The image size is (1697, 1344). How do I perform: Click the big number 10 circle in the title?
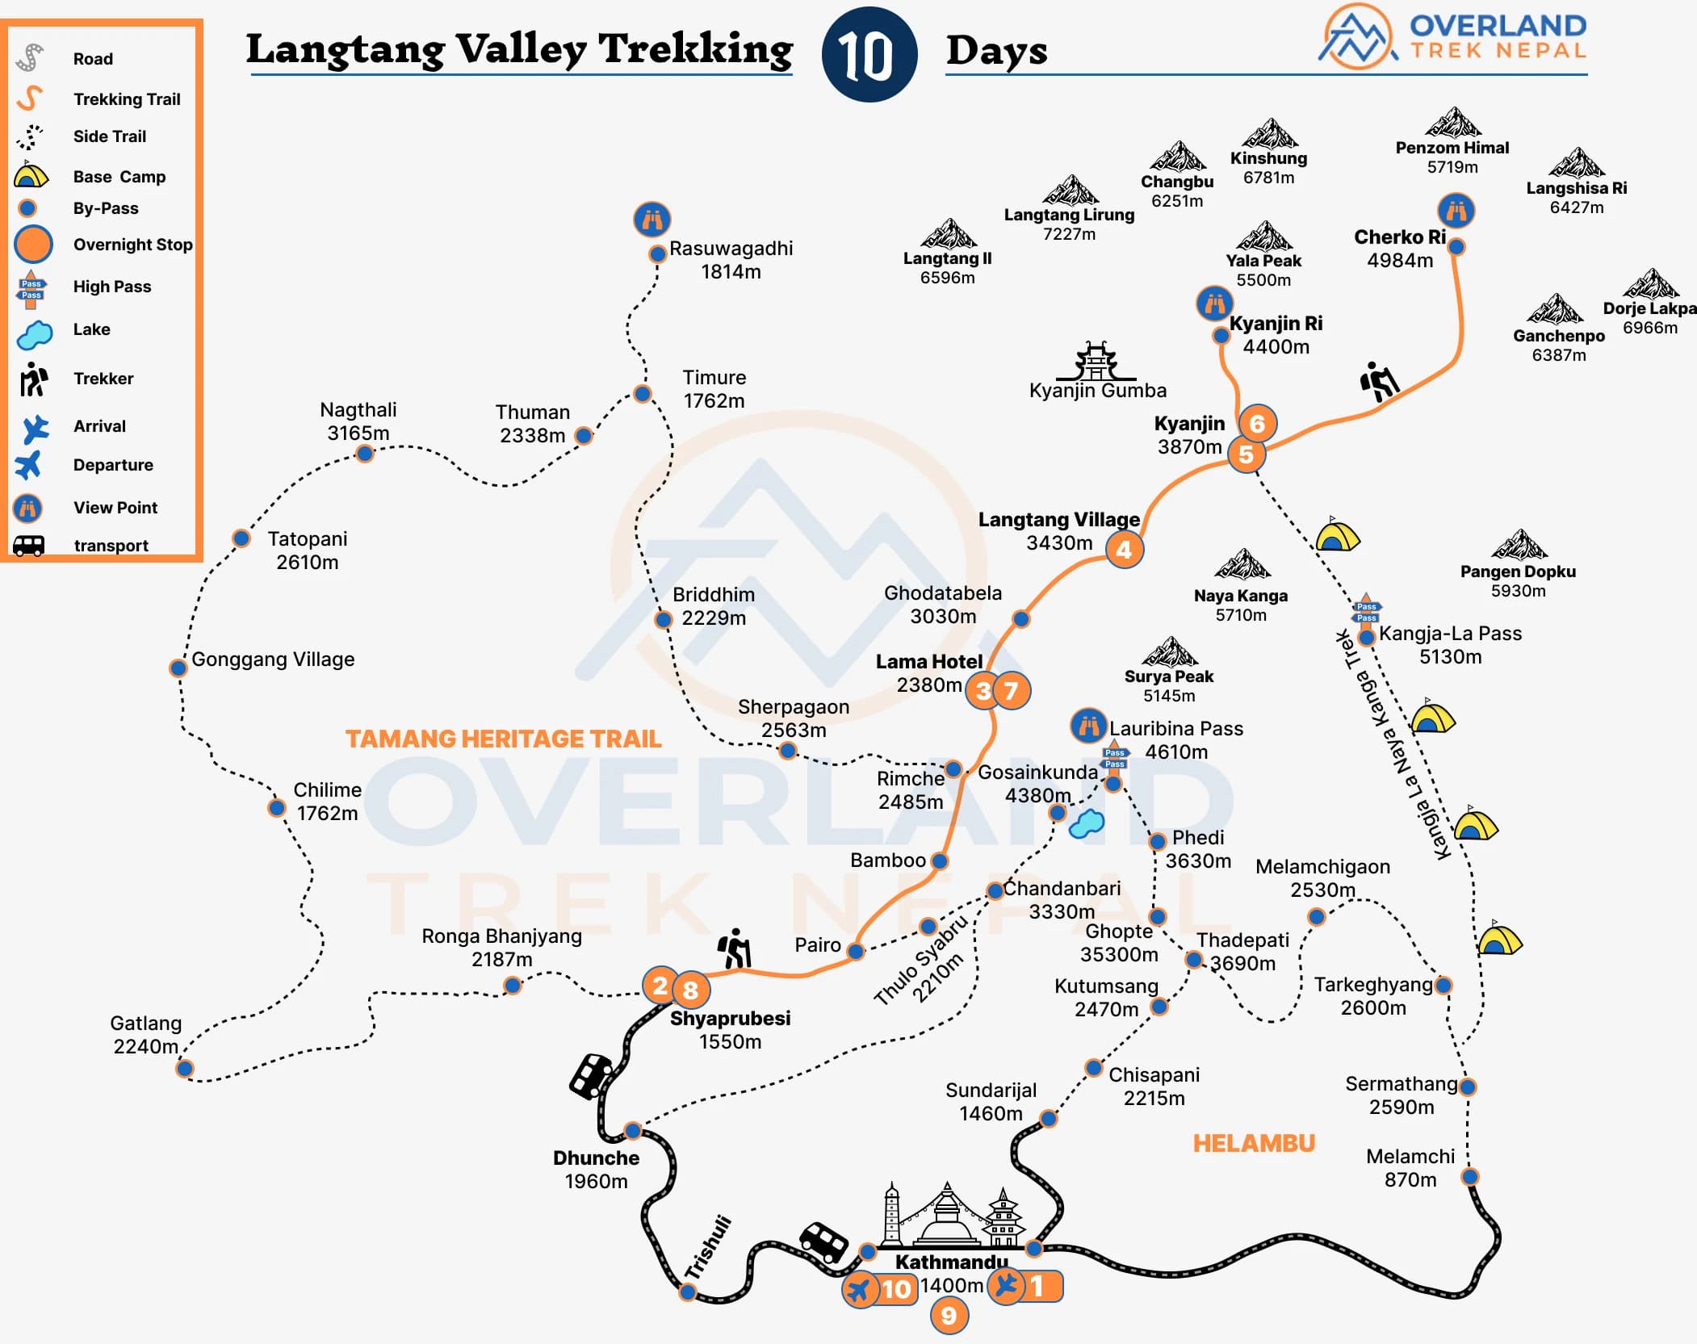click(869, 55)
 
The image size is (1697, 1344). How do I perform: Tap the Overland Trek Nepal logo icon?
click(1358, 36)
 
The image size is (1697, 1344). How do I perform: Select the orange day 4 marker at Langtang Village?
click(1124, 551)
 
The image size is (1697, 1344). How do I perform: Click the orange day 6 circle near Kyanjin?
click(1257, 423)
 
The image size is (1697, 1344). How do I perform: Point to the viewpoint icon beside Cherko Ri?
click(1456, 211)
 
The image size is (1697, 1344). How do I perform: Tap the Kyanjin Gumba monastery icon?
click(1096, 361)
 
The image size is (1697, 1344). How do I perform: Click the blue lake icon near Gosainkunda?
click(1087, 823)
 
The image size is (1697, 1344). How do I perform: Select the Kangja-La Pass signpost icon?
click(1366, 612)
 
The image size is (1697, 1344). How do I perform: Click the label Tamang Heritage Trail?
click(503, 739)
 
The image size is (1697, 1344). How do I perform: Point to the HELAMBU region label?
click(1254, 1143)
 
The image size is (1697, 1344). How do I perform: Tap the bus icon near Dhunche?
click(591, 1076)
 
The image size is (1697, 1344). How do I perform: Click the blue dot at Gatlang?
click(185, 1069)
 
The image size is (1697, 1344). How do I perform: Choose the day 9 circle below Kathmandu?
click(949, 1316)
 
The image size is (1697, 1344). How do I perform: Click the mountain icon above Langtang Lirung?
click(1070, 191)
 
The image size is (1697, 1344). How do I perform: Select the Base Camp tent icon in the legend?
click(31, 175)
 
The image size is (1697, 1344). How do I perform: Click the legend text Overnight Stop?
click(132, 245)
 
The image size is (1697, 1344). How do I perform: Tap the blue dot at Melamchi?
click(1470, 1176)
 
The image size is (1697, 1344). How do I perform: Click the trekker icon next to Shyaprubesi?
click(735, 948)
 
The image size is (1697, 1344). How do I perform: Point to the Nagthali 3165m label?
click(358, 421)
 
